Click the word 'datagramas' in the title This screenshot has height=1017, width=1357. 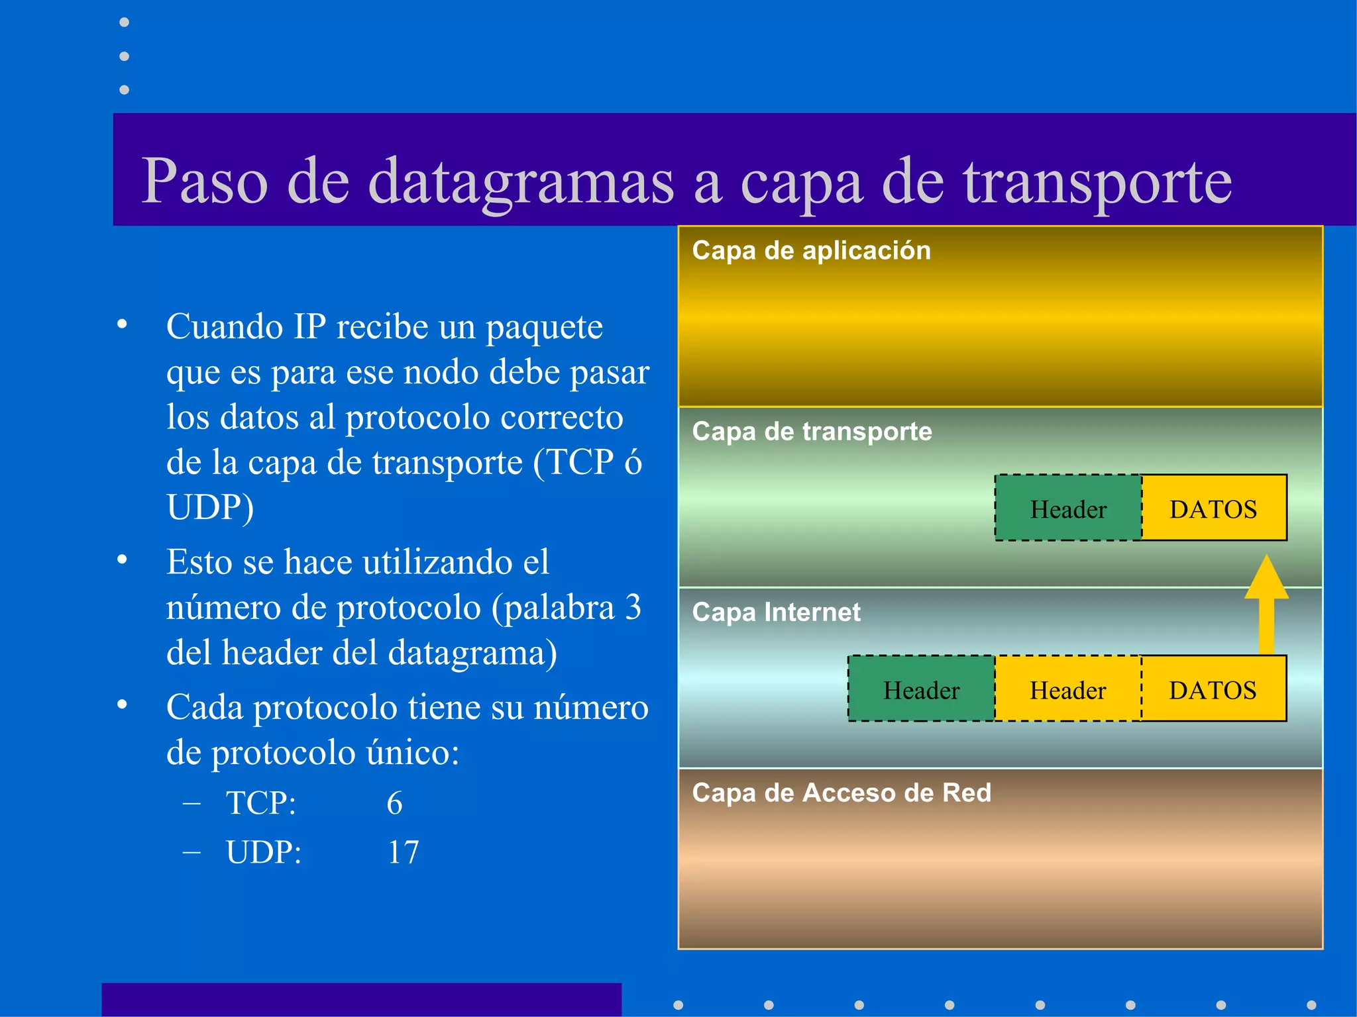pyautogui.click(x=521, y=182)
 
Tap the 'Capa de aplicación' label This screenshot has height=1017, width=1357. pyautogui.click(x=811, y=251)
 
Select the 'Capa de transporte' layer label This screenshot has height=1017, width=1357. pyautogui.click(x=812, y=432)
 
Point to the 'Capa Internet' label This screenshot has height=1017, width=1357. pyautogui.click(x=776, y=612)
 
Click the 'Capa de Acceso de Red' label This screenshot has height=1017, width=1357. pyautogui.click(x=841, y=793)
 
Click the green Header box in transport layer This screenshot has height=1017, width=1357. pyautogui.click(x=1068, y=508)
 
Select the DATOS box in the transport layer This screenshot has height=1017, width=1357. pyautogui.click(x=1213, y=508)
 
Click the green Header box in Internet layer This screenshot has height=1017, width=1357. pyautogui.click(x=921, y=690)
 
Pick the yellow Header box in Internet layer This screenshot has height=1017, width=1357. pyautogui.click(x=1067, y=690)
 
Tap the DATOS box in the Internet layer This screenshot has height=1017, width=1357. pyautogui.click(x=1213, y=690)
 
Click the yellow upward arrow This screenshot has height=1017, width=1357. pyautogui.click(x=1266, y=603)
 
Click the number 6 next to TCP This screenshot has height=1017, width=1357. pyautogui.click(x=394, y=803)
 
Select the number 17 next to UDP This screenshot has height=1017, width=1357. pyautogui.click(x=403, y=852)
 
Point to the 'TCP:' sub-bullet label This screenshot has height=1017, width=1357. pyautogui.click(x=260, y=803)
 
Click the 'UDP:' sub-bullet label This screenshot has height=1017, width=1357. pyautogui.click(x=263, y=852)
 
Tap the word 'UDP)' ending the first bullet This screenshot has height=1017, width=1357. pyautogui.click(x=210, y=508)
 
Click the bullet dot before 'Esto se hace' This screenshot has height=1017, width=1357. pyautogui.click(x=122, y=560)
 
